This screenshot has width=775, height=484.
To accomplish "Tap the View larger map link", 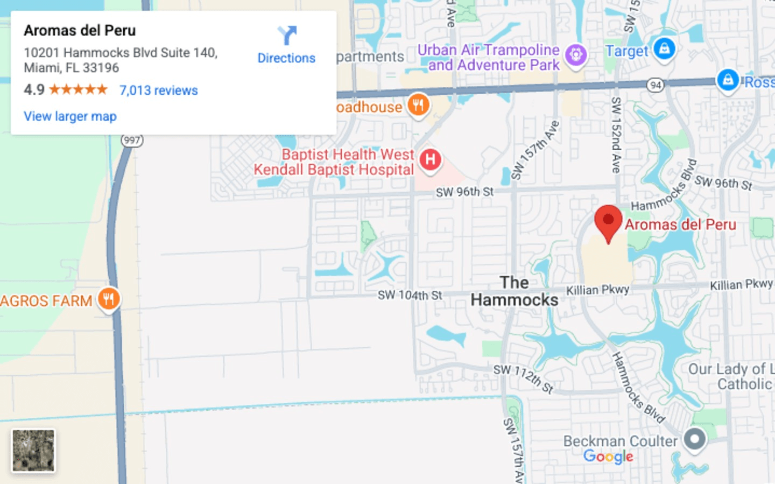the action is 70,116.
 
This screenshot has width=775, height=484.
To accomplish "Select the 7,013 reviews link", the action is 158,90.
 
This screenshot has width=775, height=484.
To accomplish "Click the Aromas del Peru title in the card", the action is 80,31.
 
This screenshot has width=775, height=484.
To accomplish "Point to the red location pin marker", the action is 608,222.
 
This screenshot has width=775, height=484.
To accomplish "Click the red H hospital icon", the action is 430,159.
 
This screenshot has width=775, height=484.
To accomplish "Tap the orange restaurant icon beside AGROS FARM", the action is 109,299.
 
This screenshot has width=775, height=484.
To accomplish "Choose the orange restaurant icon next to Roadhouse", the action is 418,104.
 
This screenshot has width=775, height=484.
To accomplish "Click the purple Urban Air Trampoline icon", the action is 576,54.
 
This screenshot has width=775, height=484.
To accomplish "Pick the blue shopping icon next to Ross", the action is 728,80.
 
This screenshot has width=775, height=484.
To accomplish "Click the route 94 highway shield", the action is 655,85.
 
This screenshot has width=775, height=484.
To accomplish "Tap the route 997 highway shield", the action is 132,141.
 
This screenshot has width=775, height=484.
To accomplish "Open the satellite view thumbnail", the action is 33,451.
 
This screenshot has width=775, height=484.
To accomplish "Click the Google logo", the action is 608,457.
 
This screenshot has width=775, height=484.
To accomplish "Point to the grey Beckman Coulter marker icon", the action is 694,439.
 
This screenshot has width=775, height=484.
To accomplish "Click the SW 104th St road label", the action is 410,295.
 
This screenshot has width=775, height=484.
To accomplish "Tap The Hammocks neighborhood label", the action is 515,291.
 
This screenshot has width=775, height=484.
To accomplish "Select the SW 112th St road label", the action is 523,377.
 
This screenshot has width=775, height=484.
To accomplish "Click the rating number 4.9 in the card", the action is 34,90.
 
